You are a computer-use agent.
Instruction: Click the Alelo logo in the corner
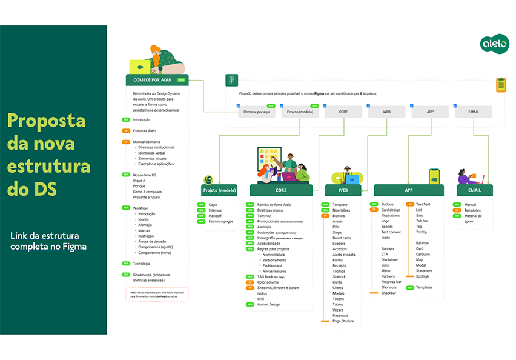(x=495, y=44)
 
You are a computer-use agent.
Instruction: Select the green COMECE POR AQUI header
(x=157, y=80)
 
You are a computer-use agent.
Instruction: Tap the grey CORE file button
(x=343, y=112)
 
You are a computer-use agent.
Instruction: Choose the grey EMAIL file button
(x=474, y=112)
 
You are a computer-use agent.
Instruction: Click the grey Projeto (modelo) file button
(x=300, y=112)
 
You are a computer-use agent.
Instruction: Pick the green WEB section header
(x=343, y=190)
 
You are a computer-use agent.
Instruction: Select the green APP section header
(x=408, y=190)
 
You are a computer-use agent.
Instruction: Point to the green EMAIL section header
(x=474, y=190)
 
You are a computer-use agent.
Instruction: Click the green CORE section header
(x=281, y=190)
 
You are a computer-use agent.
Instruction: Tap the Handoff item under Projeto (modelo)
(x=215, y=216)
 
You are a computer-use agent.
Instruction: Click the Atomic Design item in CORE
(x=269, y=304)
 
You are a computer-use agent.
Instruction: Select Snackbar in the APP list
(x=389, y=293)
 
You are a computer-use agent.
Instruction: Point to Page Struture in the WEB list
(x=343, y=321)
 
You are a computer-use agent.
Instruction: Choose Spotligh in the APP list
(x=423, y=276)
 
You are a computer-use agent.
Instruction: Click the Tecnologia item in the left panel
(x=142, y=264)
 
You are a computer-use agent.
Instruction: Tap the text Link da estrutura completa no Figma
(x=48, y=241)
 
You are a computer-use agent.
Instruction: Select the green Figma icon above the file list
(x=231, y=80)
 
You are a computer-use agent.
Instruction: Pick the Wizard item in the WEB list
(x=338, y=310)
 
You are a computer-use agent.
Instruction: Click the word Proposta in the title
(x=46, y=121)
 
